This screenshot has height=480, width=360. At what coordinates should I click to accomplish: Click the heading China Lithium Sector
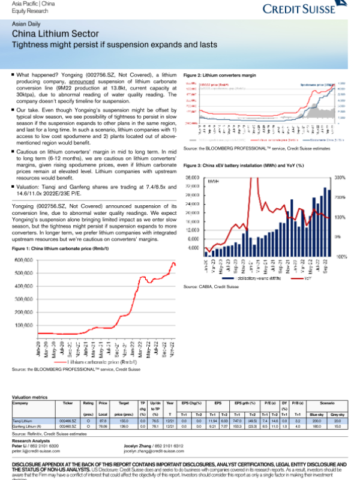pos(50,34)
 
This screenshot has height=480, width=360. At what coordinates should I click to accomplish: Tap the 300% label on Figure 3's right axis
pos(338,178)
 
